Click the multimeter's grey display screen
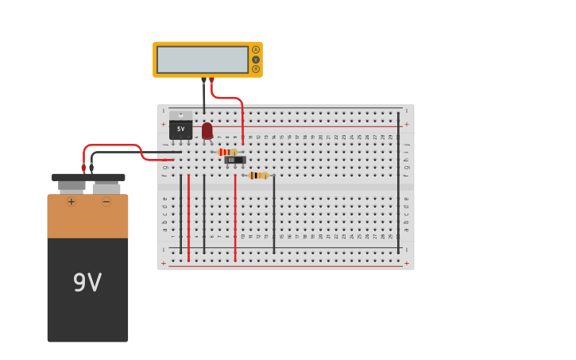pyautogui.click(x=203, y=60)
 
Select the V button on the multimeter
pyautogui.click(x=256, y=60)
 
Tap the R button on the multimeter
pyautogui.click(x=256, y=69)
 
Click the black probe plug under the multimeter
pyautogui.click(x=203, y=81)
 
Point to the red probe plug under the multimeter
pyautogui.click(x=211, y=81)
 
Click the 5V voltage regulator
pyautogui.click(x=180, y=127)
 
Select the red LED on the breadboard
pyautogui.click(x=207, y=130)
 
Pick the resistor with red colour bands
pyautogui.click(x=227, y=152)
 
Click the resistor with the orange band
pyautogui.click(x=258, y=176)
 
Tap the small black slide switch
pyautogui.click(x=234, y=160)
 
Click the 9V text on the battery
pyautogui.click(x=87, y=283)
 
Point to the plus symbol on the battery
pyautogui.click(x=71, y=202)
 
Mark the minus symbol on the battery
pyautogui.click(x=106, y=202)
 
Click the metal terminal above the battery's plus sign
pyautogui.click(x=72, y=187)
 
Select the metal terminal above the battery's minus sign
pyautogui.click(x=106, y=188)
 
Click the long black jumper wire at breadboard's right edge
pyautogui.click(x=399, y=183)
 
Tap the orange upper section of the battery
pyautogui.click(x=87, y=219)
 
